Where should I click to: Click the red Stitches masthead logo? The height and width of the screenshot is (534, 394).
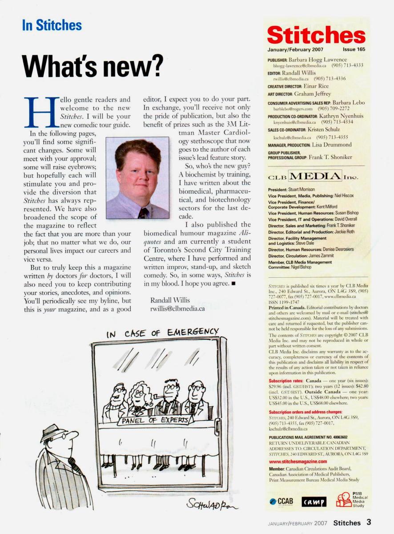316,35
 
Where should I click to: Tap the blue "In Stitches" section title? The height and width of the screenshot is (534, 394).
52,25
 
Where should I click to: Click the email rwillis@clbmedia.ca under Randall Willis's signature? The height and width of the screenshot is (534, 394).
177,309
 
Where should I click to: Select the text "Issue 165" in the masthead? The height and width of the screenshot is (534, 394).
354,49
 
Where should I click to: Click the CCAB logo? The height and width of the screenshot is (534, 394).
281,501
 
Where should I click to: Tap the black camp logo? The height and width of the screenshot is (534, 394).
314,502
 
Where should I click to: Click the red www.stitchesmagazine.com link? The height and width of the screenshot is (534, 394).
301,461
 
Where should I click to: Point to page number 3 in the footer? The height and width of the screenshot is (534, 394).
369,522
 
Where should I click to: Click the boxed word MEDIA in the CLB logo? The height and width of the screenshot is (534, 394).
315,175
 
